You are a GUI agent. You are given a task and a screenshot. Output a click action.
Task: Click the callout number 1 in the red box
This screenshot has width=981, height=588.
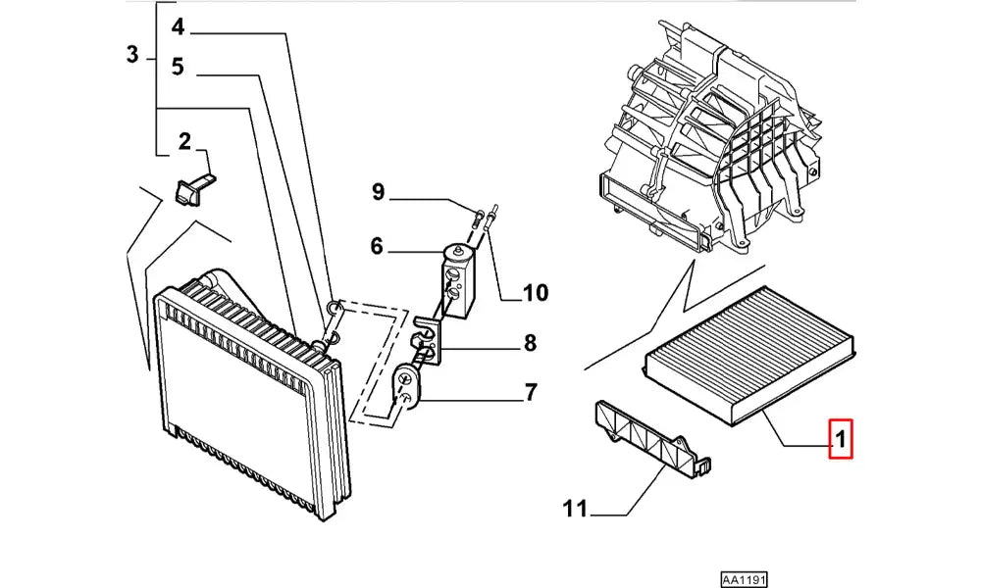tap(842, 438)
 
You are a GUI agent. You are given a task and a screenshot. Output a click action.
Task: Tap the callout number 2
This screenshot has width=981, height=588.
tap(183, 143)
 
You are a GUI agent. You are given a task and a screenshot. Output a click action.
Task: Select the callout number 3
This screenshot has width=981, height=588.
tap(133, 55)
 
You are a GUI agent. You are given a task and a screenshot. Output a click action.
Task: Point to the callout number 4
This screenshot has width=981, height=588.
tap(178, 26)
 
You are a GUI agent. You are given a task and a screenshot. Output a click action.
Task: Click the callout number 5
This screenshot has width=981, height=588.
tap(178, 68)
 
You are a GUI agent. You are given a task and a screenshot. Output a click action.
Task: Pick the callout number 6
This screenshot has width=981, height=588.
tap(377, 248)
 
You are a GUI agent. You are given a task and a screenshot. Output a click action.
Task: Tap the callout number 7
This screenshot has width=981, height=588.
tap(530, 394)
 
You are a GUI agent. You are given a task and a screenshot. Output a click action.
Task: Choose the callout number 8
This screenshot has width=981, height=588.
tap(530, 343)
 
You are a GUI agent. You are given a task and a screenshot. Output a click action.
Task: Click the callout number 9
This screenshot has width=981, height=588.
tap(378, 192)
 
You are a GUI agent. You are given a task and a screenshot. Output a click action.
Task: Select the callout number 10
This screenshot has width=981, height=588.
tap(536, 292)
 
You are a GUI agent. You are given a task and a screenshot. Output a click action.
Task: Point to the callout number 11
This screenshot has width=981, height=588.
tap(575, 509)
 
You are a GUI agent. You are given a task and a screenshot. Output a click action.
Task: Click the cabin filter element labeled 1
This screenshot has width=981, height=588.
tap(751, 349)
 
